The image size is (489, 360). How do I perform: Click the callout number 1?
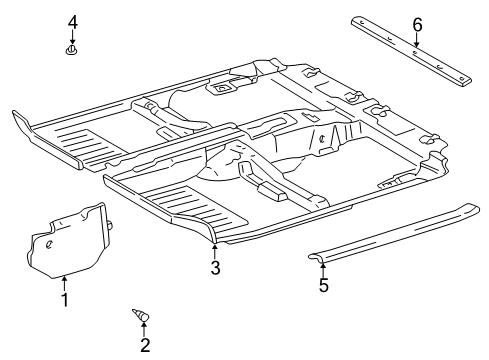click(x=64, y=298)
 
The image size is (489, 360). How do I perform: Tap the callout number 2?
click(x=145, y=346)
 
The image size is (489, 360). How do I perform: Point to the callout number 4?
click(x=72, y=21)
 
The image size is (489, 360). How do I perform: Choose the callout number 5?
click(x=322, y=286)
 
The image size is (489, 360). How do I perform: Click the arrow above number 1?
click(x=64, y=282)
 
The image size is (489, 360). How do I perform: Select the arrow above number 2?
click(x=145, y=330)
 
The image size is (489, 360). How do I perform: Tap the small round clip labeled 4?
click(x=72, y=49)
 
